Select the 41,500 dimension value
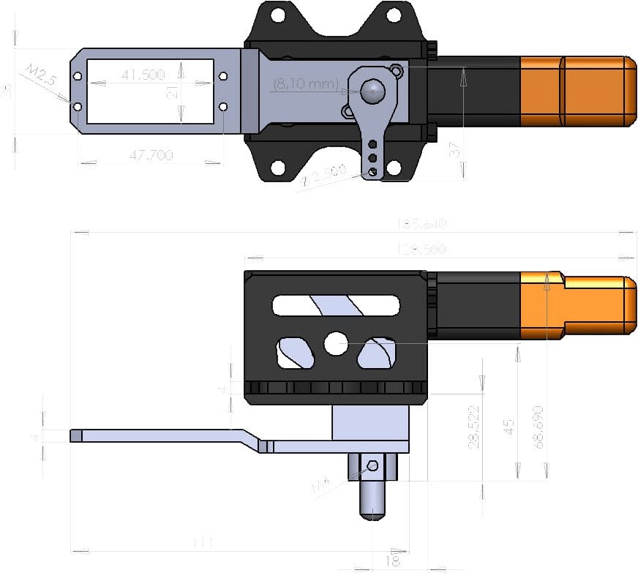tap(143, 75)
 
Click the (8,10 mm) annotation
tap(305, 84)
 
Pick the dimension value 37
tap(454, 151)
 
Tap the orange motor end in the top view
tap(578, 91)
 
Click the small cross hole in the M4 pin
tap(373, 465)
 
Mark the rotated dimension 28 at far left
tap(7, 91)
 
